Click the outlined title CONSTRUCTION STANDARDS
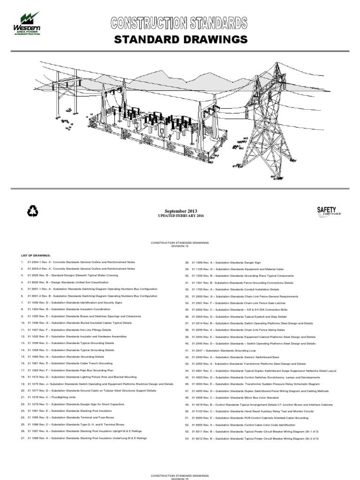pyautogui.click(x=179, y=22)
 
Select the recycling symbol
pyautogui.click(x=33, y=212)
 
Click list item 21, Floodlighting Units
pyautogui.click(x=47, y=397)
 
